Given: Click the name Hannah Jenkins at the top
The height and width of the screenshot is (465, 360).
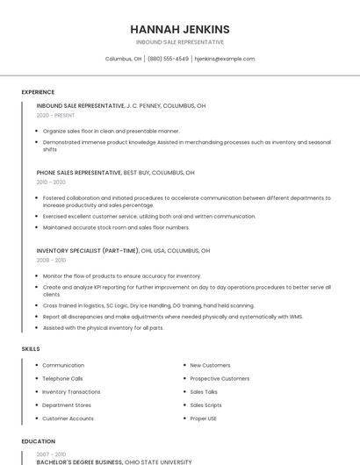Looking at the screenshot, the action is click(179, 29).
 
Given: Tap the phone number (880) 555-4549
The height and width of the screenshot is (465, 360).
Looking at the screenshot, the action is click(168, 59).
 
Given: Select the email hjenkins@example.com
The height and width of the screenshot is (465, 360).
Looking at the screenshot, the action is click(225, 59).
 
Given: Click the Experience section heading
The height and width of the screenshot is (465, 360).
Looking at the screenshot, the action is click(38, 92).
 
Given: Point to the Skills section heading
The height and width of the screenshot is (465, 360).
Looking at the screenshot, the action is click(31, 349).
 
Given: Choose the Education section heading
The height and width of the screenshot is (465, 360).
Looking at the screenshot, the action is click(39, 441).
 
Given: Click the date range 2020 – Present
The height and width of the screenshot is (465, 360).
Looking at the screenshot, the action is click(55, 115).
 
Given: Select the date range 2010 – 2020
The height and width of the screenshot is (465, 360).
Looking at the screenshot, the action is click(51, 182).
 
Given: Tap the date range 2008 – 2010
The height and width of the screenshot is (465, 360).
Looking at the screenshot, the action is click(51, 260).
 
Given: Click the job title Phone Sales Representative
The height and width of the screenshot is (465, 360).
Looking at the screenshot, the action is click(79, 173).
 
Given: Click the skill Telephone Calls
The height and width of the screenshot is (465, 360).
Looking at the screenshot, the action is click(62, 378).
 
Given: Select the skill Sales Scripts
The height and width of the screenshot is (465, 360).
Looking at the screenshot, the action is click(205, 405).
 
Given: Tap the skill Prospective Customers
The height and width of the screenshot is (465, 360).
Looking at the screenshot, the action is click(220, 378).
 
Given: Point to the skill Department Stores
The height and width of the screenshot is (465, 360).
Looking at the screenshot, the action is click(67, 405).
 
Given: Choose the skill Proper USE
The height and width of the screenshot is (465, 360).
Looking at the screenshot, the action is click(204, 418).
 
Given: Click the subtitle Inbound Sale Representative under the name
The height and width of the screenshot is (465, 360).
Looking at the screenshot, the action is click(179, 42).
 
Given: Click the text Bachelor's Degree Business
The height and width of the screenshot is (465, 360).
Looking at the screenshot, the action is click(80, 461).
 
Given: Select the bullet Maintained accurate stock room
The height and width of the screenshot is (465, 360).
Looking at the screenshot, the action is click(115, 227).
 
